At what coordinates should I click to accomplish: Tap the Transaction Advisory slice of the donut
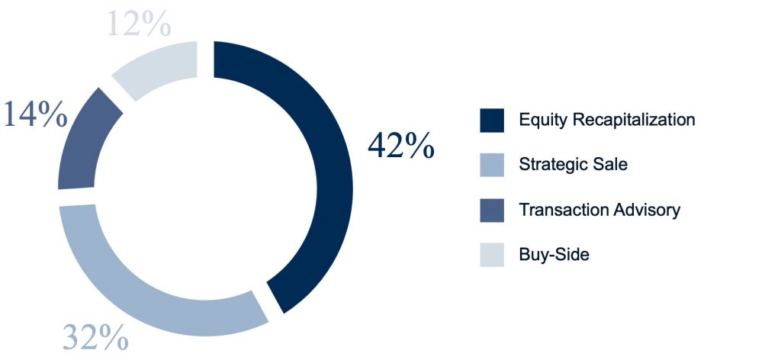coord(79,144)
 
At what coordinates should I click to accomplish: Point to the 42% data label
coord(401,146)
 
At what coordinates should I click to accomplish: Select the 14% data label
coord(35,114)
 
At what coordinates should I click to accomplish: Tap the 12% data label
coord(139,24)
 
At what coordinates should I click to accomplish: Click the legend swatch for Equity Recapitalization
coord(492,121)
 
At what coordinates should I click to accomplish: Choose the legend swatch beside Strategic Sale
coord(492,165)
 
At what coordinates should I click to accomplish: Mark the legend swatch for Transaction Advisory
coord(492,210)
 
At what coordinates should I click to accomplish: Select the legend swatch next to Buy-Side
coord(492,255)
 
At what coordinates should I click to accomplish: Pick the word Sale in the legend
coord(611,164)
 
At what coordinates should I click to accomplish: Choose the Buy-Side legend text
coord(554,255)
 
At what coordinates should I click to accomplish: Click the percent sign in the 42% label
coord(417,146)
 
